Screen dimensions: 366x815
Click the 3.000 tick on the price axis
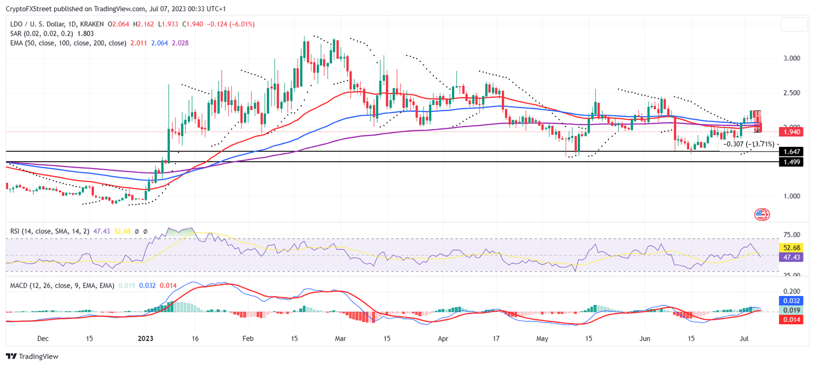coord(792,58)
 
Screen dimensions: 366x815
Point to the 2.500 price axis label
coord(792,93)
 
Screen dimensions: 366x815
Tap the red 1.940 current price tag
coord(792,132)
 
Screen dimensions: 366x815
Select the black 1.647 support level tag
coord(792,152)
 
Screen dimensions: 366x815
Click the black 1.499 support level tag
coord(792,162)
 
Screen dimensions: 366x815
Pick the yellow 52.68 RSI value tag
coord(792,248)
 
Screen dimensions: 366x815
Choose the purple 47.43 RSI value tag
coord(792,257)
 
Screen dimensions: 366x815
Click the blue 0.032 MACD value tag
coord(792,301)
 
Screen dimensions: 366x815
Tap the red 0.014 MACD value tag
coord(792,319)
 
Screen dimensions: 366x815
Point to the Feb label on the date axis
coord(247,338)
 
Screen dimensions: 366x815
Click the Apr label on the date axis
coord(444,338)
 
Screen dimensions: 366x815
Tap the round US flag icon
coord(761,215)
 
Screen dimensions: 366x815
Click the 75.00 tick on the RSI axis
coord(792,235)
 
